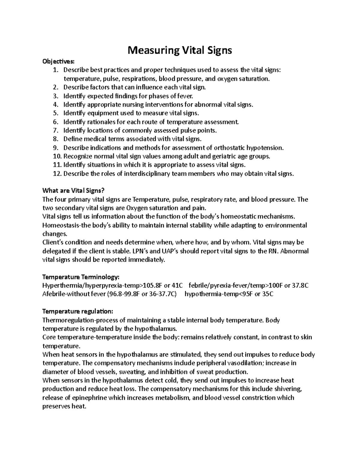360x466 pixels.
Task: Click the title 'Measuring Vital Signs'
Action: click(x=180, y=50)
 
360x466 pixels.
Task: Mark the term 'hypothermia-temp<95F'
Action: click(x=219, y=294)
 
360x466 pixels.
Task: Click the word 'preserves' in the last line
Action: click(x=55, y=407)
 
